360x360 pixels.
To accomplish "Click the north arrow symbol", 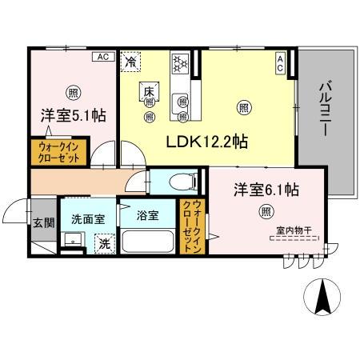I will coord(323,298).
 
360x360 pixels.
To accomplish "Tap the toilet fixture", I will coord(165,182).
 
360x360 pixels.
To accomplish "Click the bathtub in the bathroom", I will coord(148,242).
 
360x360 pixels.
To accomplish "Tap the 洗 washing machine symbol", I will coord(102,243).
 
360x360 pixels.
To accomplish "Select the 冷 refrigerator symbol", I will coord(130,60).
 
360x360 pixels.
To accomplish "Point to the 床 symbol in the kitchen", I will coord(149,90).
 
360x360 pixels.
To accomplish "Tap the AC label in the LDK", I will coord(280,62).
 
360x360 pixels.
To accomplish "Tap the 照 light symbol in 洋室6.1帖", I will coord(264,211).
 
